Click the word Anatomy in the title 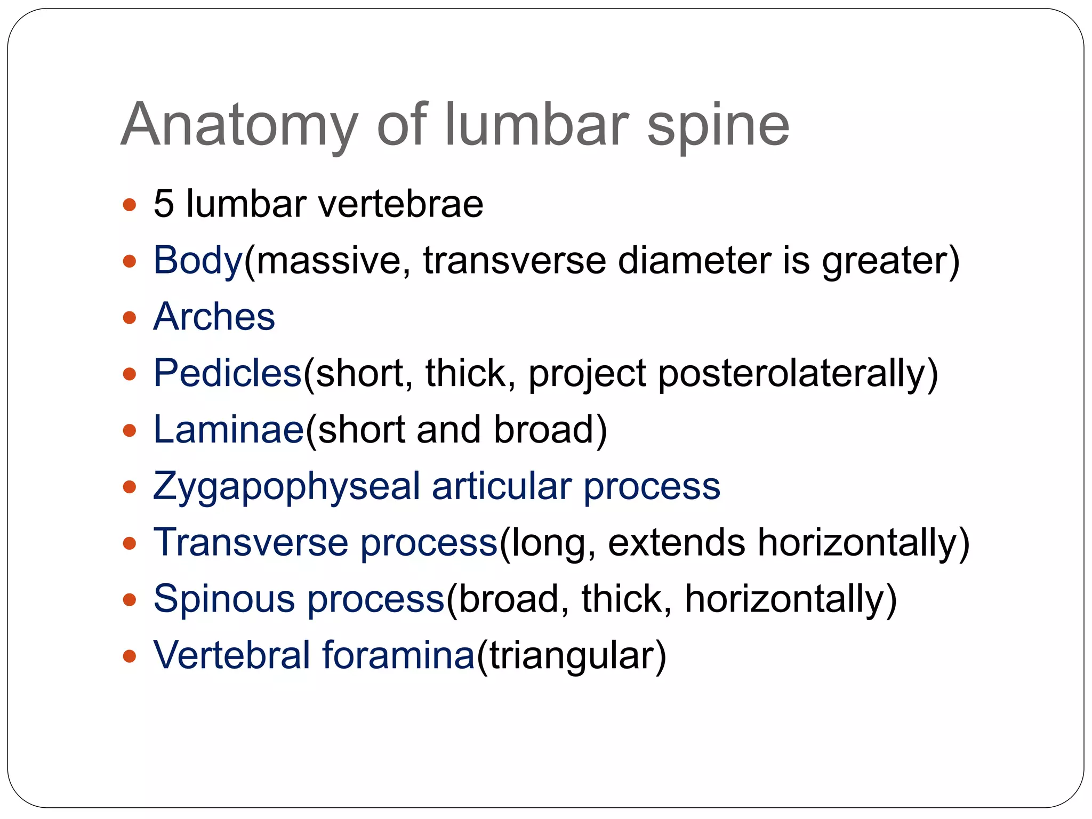239,126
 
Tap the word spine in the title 718,126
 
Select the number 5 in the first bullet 164,204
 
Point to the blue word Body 198,261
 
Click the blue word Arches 214,317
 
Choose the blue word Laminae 229,429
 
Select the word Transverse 251,542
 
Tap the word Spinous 224,599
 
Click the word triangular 572,656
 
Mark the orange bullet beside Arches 130,318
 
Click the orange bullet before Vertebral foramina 130,656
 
